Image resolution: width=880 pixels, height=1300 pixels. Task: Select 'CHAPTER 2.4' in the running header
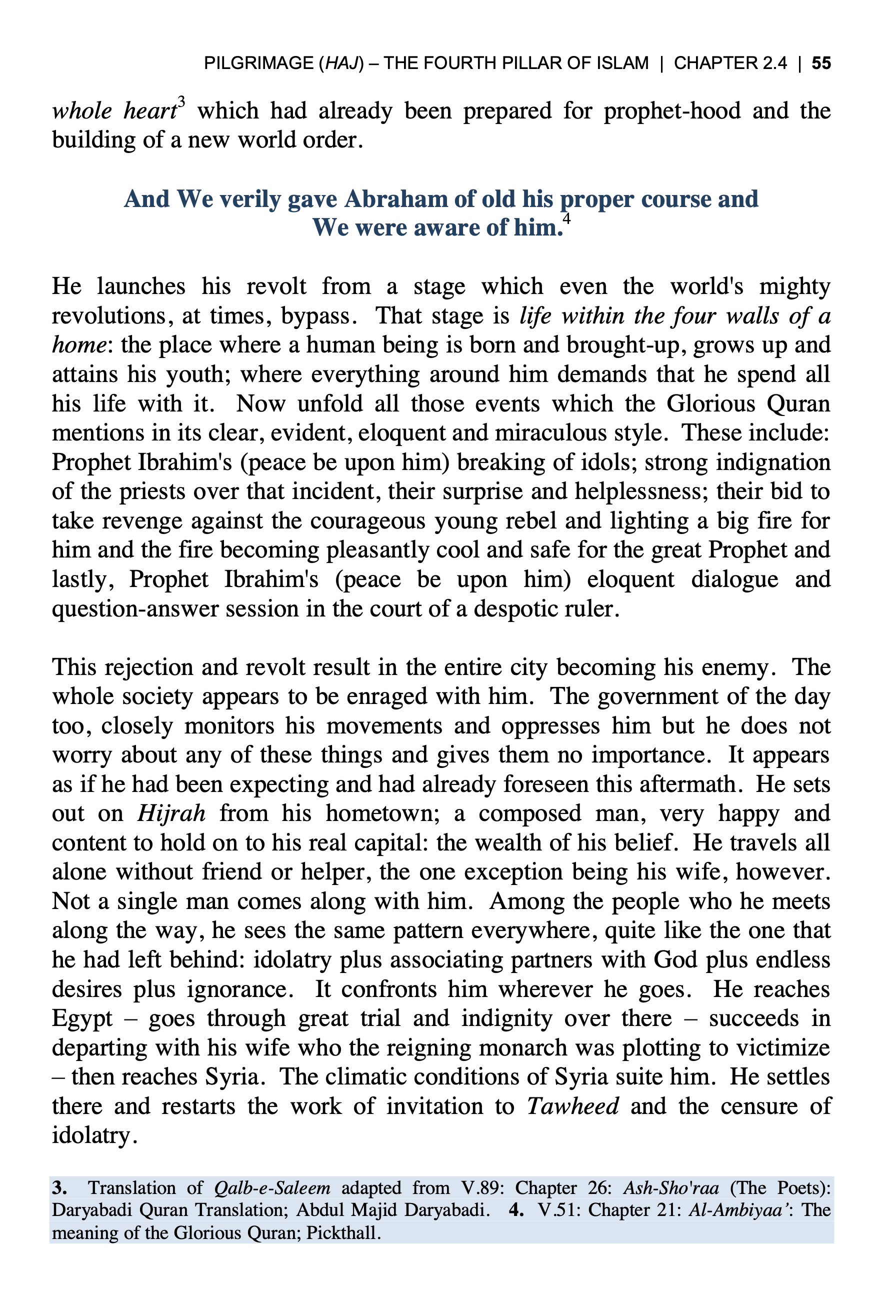point(729,63)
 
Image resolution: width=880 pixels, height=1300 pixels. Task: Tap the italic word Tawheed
point(572,1106)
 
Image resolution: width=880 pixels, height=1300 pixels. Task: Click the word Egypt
point(82,1018)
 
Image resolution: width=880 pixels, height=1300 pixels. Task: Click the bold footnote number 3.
point(57,1187)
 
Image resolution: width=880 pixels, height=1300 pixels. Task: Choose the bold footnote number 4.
point(516,1210)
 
